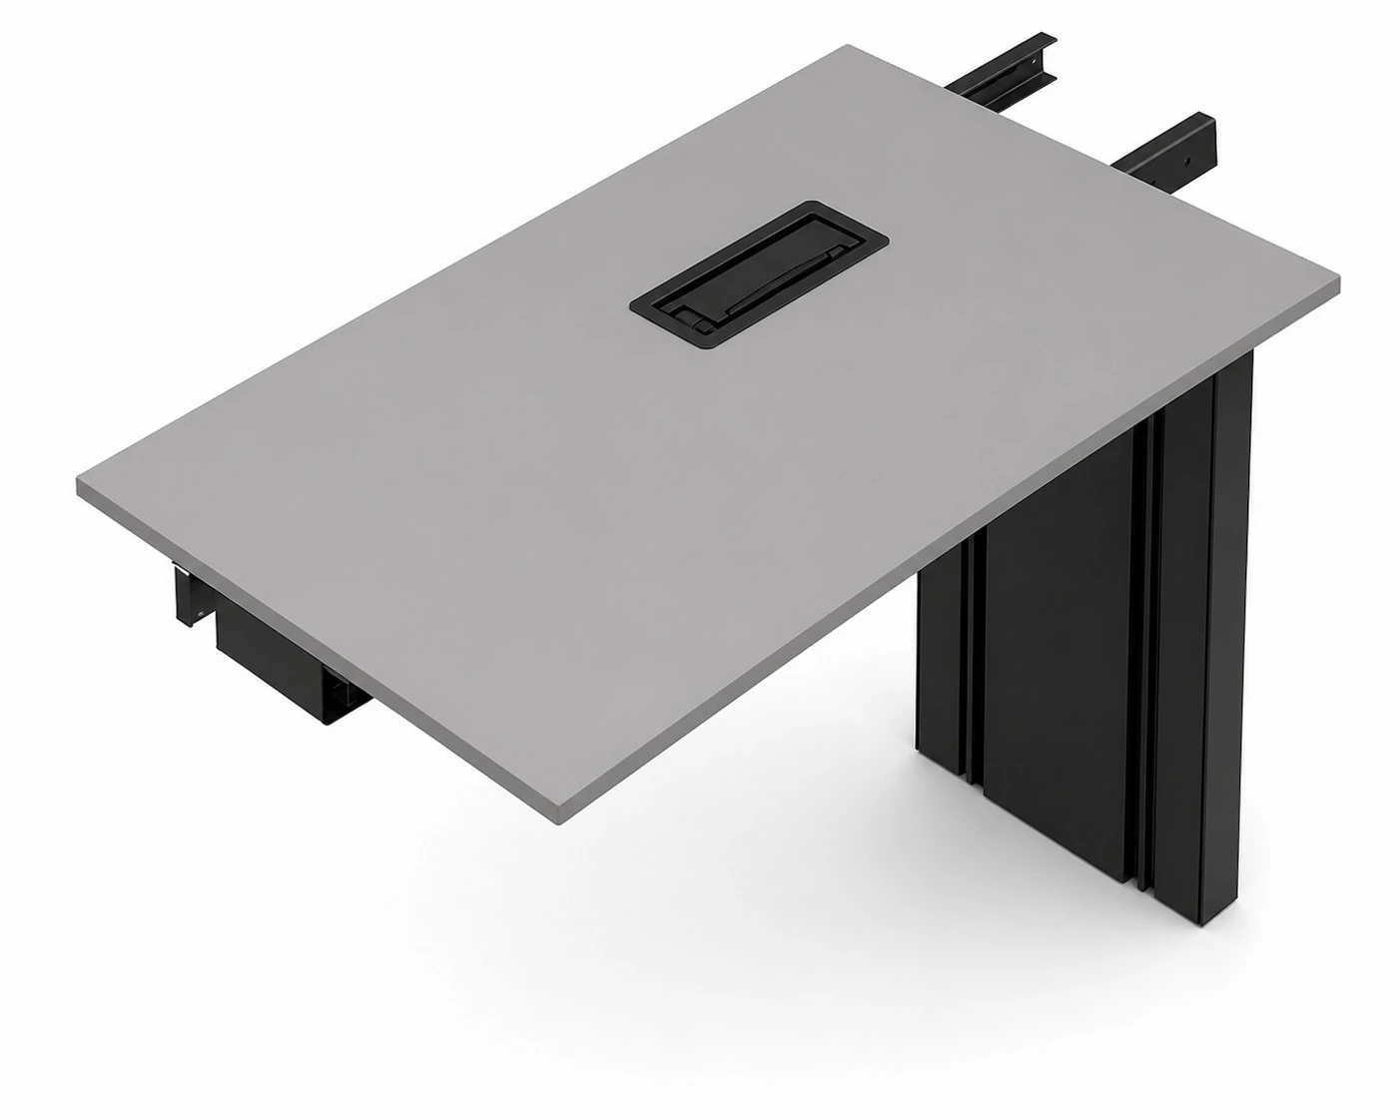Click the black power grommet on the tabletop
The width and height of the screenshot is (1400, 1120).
758,274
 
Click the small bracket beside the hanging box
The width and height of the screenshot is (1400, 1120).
191,599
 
